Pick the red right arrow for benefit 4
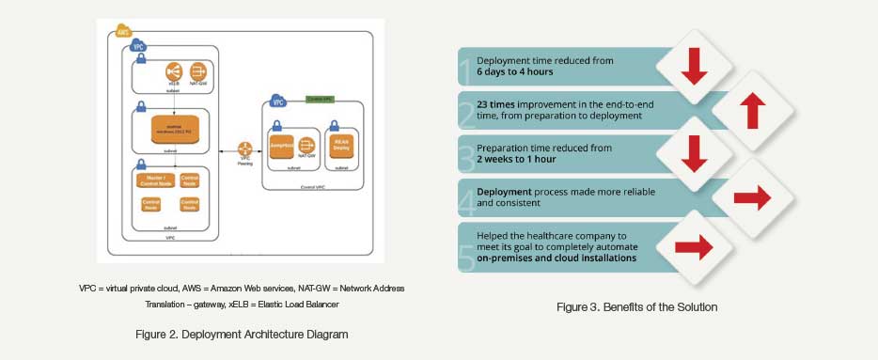[749, 198]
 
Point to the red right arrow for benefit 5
[694, 247]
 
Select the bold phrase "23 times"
[497, 103]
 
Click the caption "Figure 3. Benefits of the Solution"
[637, 306]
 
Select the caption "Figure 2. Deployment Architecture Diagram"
[242, 335]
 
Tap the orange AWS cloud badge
[122, 32]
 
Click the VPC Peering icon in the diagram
[245, 149]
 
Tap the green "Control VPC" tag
[319, 99]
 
